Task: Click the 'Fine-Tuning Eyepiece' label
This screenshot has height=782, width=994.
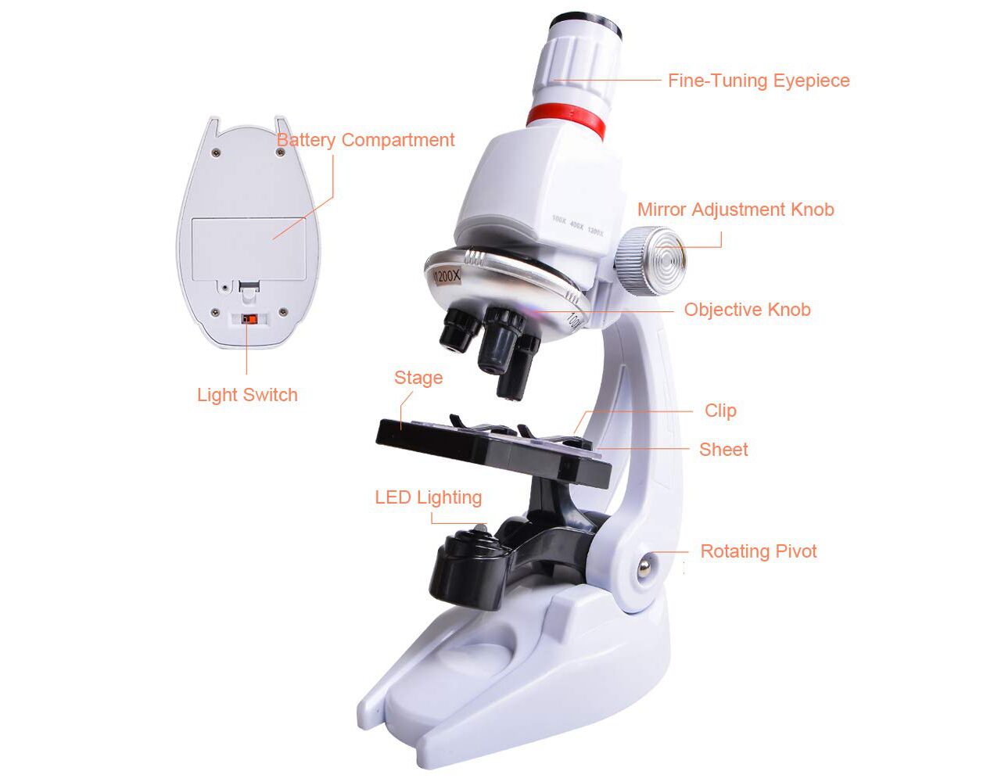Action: point(759,81)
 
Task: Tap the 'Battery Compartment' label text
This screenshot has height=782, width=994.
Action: point(365,141)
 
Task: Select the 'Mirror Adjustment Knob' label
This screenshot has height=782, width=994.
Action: point(736,210)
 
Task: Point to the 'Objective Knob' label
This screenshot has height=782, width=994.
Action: point(748,310)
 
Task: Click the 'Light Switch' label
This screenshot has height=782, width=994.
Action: point(247,396)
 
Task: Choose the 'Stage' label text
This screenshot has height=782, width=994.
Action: point(418,378)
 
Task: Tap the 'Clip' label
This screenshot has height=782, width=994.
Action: point(720,411)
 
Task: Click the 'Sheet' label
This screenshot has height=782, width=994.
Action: point(723,450)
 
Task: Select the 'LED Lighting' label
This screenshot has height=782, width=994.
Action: point(428,498)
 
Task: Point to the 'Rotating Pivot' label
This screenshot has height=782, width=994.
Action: point(759,551)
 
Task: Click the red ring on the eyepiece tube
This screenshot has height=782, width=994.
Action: point(565,121)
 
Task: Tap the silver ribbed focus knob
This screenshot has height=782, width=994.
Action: point(651,260)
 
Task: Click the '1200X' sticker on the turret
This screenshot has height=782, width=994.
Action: point(447,276)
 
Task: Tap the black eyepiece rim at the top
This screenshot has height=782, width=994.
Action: point(587,25)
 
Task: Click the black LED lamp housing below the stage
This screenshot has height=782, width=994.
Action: point(467,569)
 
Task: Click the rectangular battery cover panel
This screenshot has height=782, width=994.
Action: point(249,249)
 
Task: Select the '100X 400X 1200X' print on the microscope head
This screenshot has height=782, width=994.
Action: point(577,225)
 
